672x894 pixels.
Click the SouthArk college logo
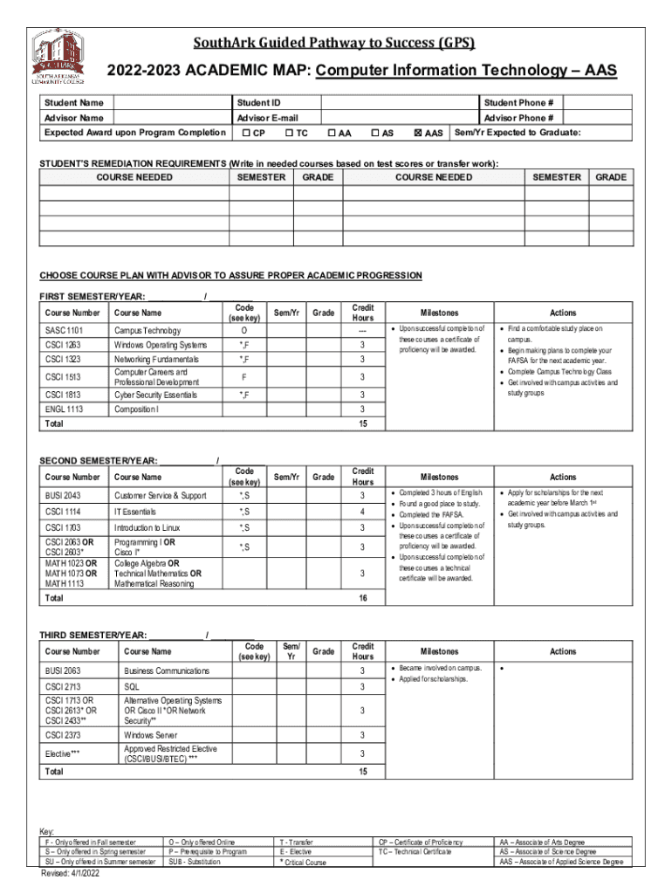click(60, 58)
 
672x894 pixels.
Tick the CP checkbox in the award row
click(246, 134)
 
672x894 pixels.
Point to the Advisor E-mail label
click(267, 118)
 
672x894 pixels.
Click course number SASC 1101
click(65, 330)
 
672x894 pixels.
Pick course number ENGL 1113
click(65, 409)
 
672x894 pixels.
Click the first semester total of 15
click(362, 423)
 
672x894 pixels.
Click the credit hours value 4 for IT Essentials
click(362, 512)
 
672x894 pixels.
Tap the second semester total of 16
click(362, 599)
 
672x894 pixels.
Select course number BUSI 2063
click(65, 670)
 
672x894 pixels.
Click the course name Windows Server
click(150, 735)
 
